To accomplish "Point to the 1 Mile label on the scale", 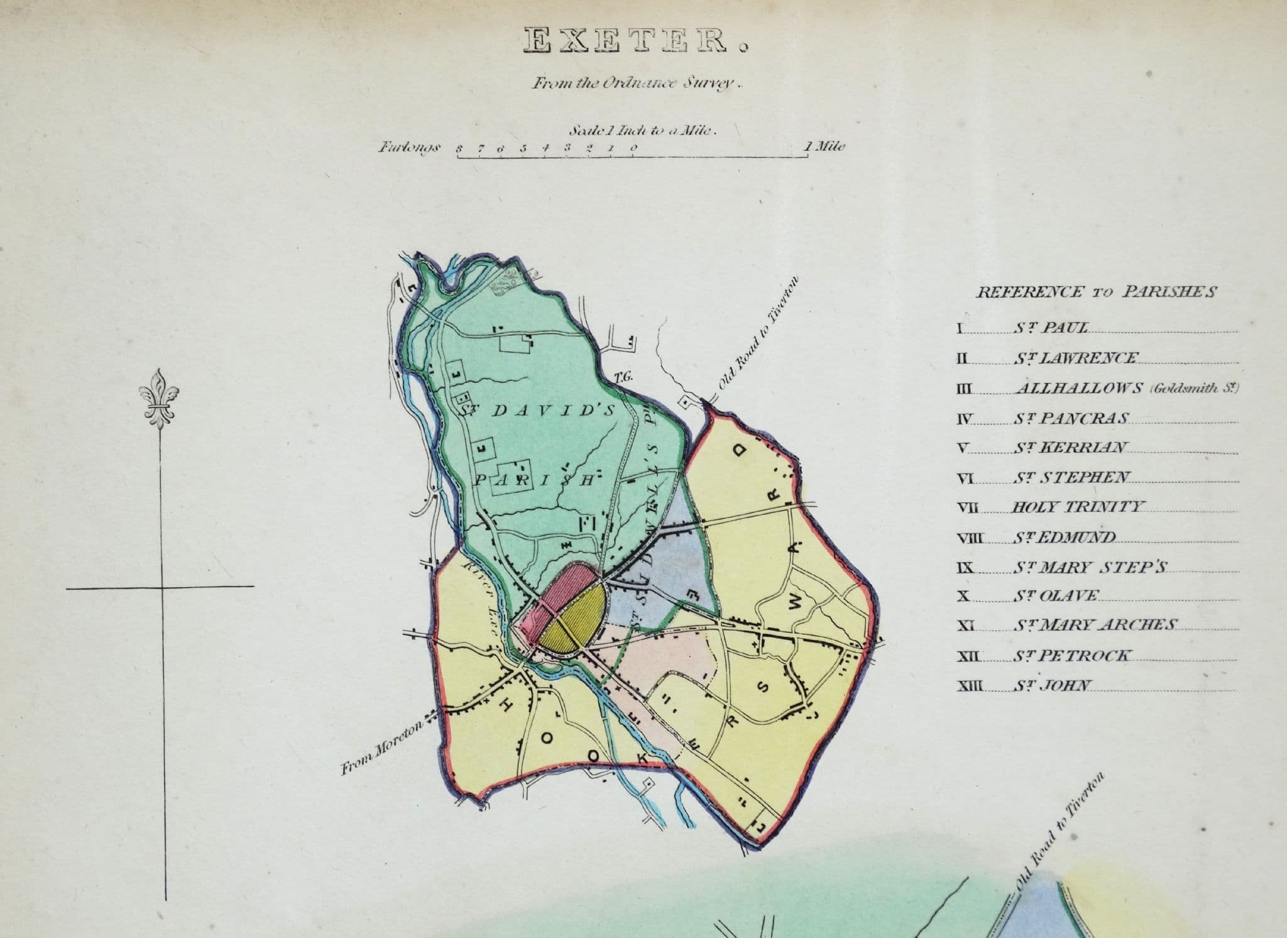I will point(825,146).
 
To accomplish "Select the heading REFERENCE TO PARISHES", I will point(1096,292).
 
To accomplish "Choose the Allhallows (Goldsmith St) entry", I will point(1125,389).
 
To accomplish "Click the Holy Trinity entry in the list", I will point(1079,507).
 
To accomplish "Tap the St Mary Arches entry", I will point(1094,625).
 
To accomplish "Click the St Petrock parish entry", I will point(1071,656).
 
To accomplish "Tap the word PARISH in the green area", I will point(534,481).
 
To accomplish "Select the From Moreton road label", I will point(383,745).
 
